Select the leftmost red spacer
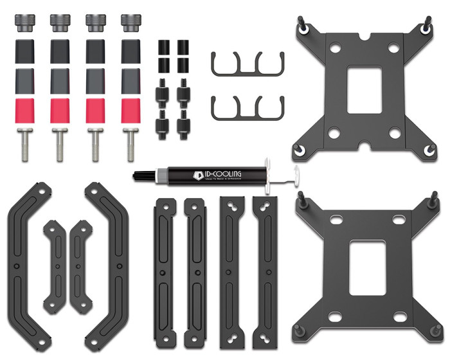point(24,111)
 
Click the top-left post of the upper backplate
point(302,24)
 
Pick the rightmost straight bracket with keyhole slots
point(265,270)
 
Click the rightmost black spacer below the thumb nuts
point(130,50)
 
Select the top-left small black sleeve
point(163,48)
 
